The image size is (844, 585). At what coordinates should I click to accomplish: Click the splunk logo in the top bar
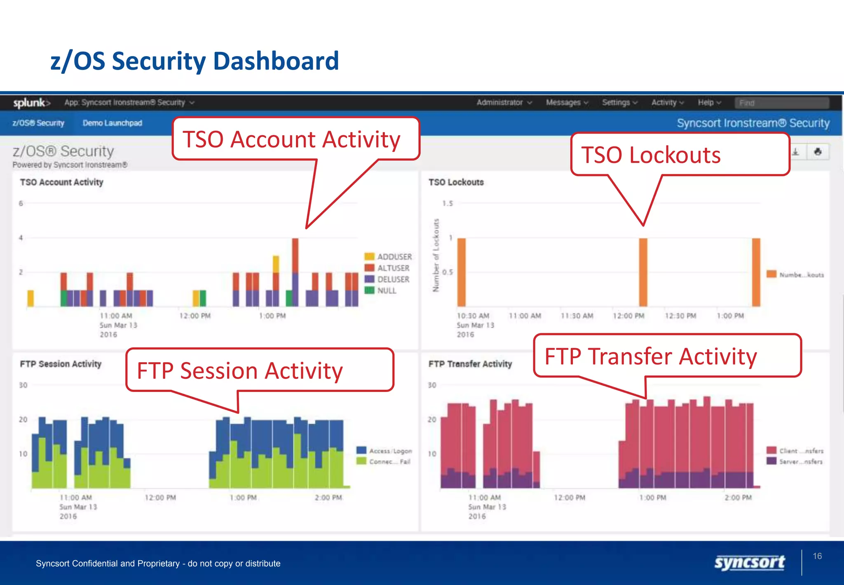[31, 103]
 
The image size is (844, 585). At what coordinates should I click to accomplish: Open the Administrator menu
[503, 102]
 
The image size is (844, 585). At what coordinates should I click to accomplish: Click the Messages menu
[566, 102]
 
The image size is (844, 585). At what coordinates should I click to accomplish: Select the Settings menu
[619, 102]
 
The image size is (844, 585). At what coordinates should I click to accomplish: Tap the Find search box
[781, 103]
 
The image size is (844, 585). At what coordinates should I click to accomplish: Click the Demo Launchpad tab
[112, 123]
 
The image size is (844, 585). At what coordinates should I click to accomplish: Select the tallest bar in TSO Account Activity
[295, 272]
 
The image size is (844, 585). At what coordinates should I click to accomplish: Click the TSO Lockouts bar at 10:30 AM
[462, 272]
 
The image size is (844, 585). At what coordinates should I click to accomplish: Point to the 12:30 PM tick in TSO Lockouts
[680, 316]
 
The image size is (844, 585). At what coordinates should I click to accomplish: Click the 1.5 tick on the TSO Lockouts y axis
[448, 203]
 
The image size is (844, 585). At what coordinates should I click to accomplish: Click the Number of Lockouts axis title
[436, 255]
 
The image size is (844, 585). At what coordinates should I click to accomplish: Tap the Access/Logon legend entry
[384, 451]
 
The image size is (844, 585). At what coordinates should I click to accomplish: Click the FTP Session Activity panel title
[61, 364]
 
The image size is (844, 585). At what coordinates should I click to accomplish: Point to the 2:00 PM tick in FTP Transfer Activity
[738, 498]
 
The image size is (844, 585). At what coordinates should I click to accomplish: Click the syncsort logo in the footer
[749, 563]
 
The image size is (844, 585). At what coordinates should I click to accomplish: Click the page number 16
[817, 556]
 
